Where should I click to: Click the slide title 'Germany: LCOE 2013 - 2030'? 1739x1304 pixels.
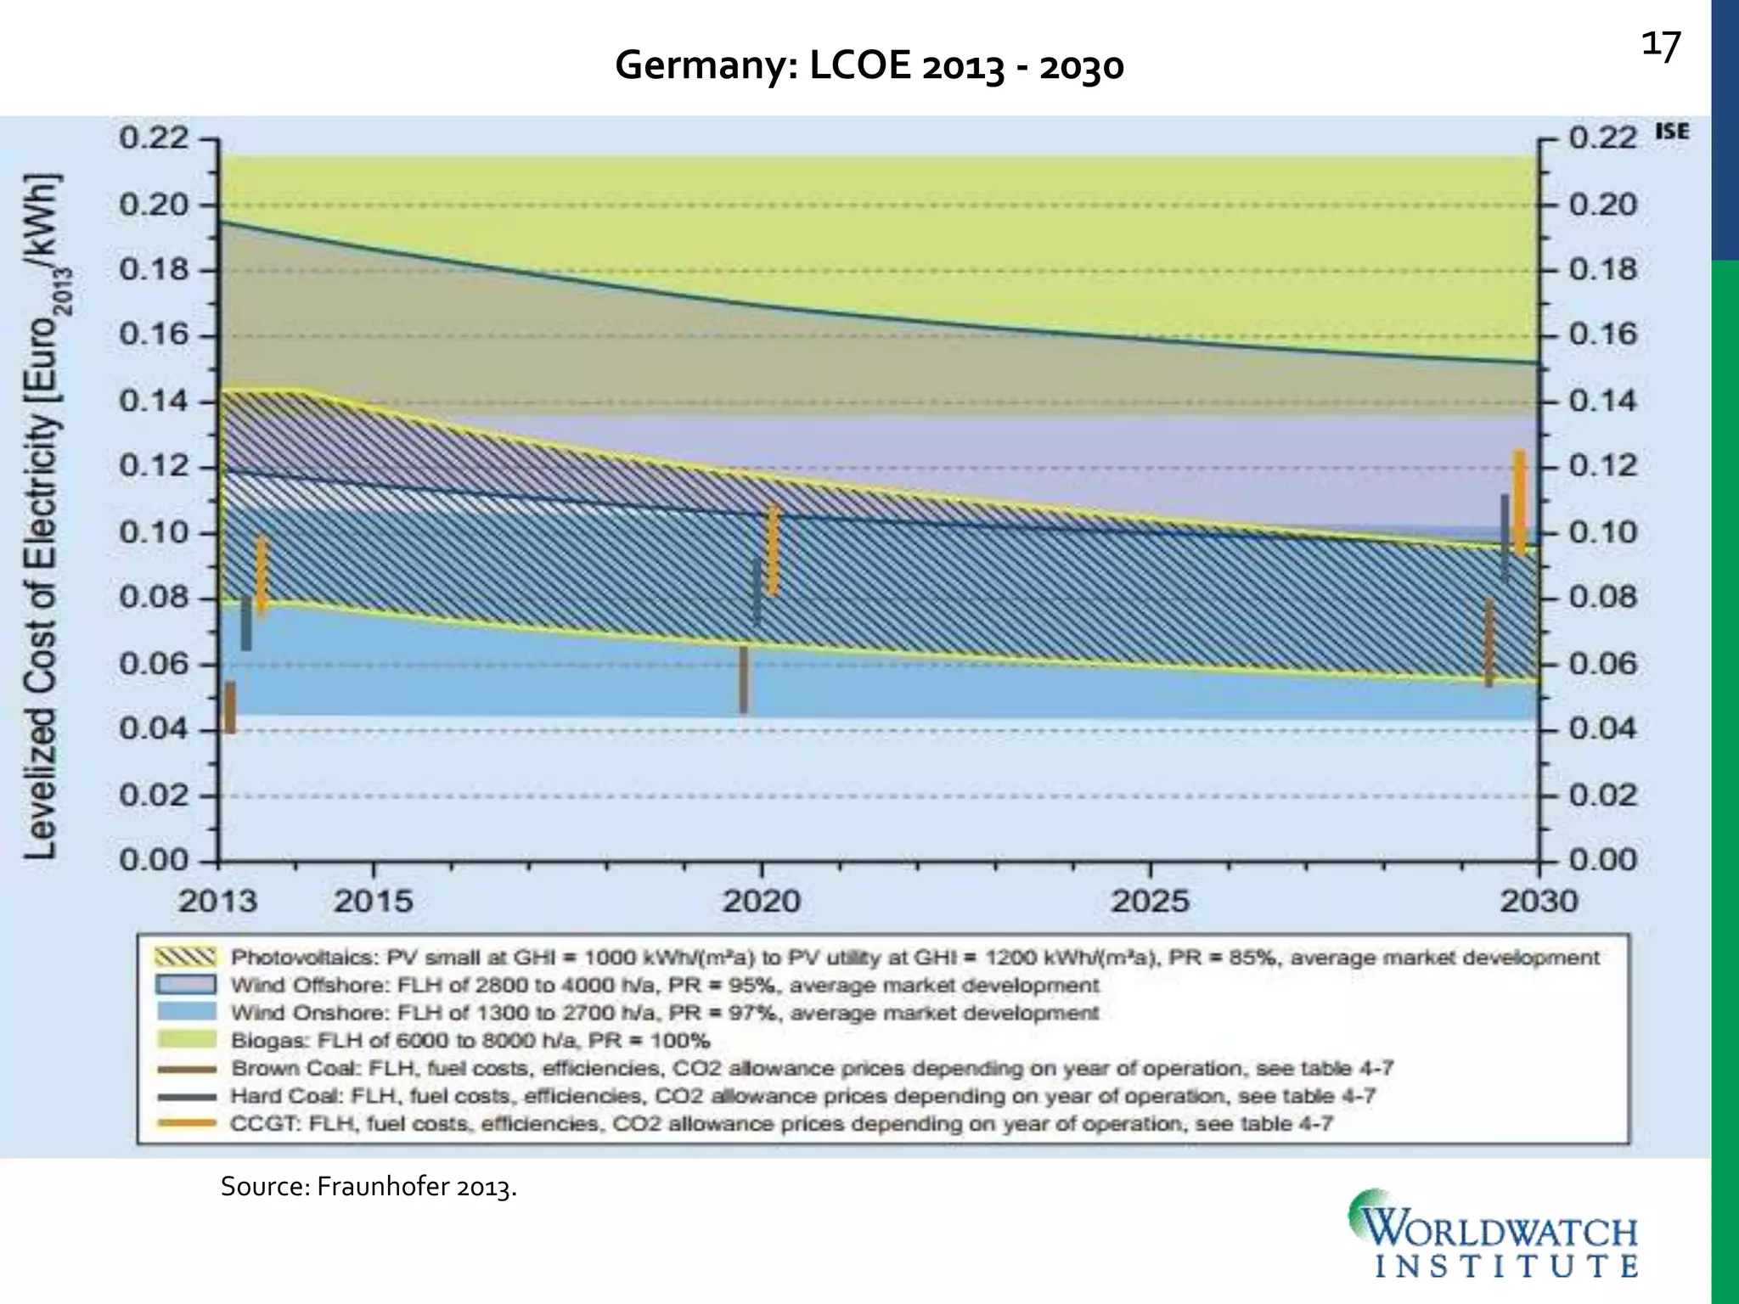[869, 66]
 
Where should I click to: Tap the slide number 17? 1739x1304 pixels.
[1660, 46]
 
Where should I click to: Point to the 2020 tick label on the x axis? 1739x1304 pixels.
[762, 902]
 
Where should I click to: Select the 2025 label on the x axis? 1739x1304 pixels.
[1150, 902]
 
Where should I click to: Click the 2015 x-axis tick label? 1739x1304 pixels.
[373, 902]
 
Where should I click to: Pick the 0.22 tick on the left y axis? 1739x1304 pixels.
[154, 138]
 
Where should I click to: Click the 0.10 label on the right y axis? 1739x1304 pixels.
[1602, 532]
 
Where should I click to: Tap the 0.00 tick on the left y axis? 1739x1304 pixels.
[154, 860]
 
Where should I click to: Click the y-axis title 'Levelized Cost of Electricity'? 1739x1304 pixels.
[42, 518]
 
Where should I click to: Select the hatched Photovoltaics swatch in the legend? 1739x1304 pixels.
[184, 958]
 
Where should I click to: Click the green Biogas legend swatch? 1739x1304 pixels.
[184, 1040]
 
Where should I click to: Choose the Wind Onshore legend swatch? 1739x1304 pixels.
[184, 1013]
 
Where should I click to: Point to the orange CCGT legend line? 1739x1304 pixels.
[184, 1123]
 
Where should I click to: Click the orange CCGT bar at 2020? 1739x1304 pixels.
[773, 550]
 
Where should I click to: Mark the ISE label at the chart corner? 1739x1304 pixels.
[1671, 132]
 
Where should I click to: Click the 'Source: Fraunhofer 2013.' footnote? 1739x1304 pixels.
[369, 1187]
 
